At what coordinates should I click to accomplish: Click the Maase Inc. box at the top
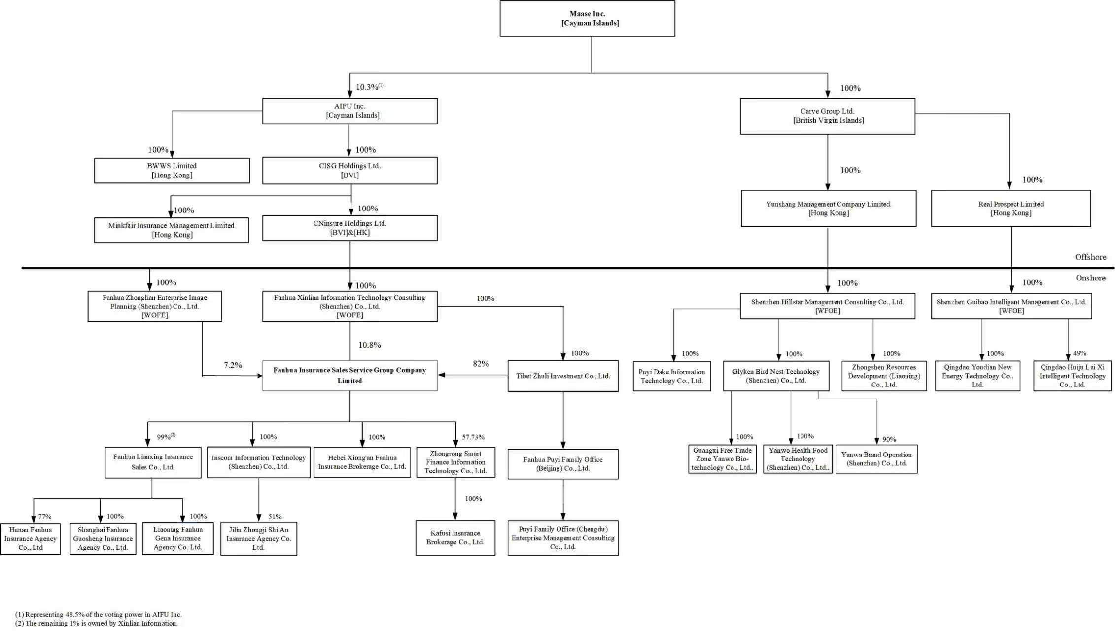point(587,19)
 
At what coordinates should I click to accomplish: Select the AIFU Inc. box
point(349,111)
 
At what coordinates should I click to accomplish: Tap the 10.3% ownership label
point(370,87)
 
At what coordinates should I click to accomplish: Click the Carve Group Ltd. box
point(828,116)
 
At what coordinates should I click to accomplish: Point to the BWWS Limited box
point(172,171)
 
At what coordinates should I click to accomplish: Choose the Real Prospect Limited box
point(1011,209)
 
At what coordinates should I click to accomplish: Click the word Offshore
point(1090,257)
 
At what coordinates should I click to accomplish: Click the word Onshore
point(1090,278)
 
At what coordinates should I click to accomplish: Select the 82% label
point(481,364)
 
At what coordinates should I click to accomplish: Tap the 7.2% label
point(233,365)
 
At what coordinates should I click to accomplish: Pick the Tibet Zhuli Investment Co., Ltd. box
point(563,376)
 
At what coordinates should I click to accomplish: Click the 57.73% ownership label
point(473,437)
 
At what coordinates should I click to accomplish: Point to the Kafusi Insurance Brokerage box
point(455,538)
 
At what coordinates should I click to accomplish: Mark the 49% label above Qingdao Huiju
point(1080,353)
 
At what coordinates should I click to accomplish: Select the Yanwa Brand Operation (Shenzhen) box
point(876,459)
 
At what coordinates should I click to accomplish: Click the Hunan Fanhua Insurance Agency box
point(31,539)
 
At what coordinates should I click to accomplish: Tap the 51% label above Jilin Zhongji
point(275,517)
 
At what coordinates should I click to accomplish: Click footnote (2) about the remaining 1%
point(97,623)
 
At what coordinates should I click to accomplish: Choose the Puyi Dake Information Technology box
point(672,376)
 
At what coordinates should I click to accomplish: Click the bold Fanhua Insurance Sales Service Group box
point(349,376)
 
